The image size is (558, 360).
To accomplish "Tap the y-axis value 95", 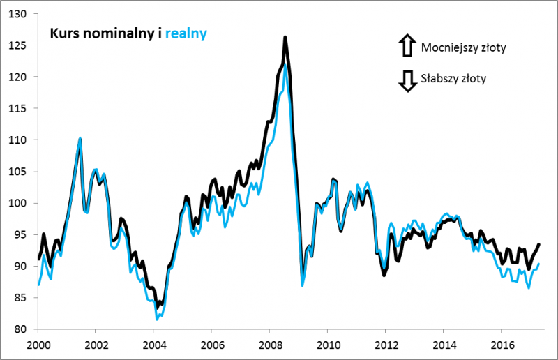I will (x=21, y=234).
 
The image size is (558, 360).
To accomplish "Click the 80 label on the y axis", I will (x=21, y=329).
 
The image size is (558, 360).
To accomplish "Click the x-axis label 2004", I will (x=154, y=344).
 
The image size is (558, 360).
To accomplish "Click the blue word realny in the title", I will (x=186, y=33).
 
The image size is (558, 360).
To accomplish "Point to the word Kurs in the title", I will (x=61, y=33).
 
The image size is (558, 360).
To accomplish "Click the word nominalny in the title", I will (x=117, y=33).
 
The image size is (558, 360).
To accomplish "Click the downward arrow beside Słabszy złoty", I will (x=406, y=80).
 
